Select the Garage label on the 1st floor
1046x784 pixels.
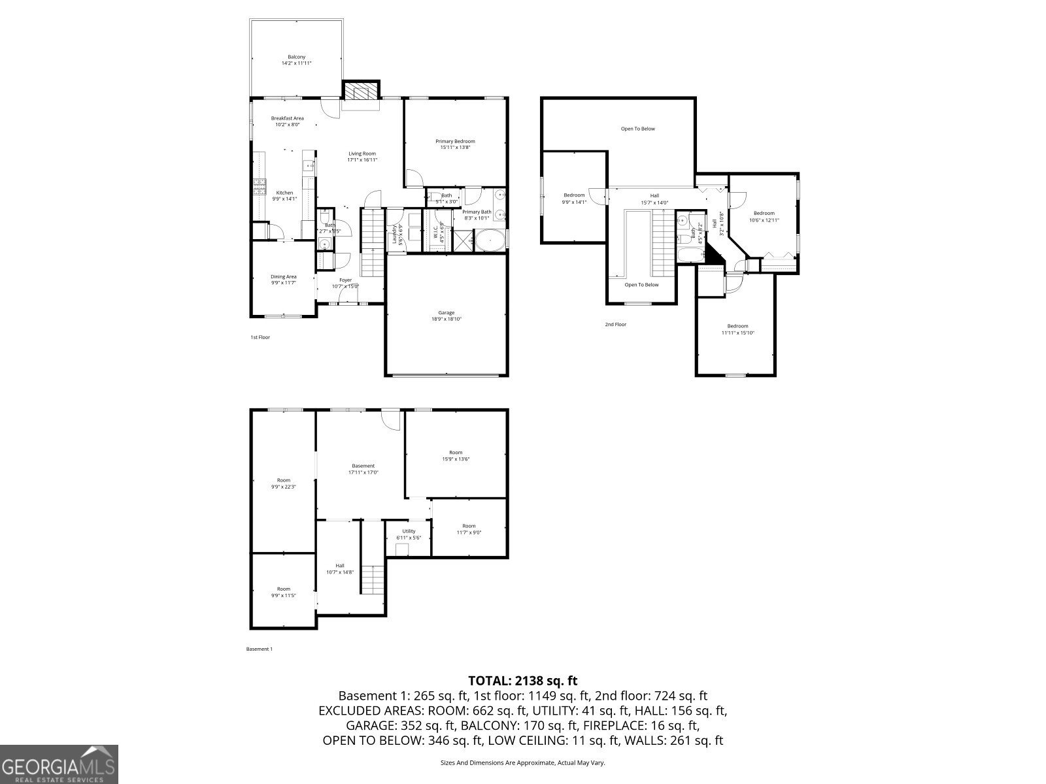tap(446, 312)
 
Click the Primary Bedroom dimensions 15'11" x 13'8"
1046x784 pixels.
tap(455, 148)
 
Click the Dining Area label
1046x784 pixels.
tap(283, 276)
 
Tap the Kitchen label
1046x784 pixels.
tap(284, 193)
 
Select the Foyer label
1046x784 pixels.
tap(345, 280)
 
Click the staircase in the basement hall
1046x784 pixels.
tap(373, 580)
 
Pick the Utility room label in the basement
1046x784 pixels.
tap(409, 531)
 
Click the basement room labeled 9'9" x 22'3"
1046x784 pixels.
tap(283, 483)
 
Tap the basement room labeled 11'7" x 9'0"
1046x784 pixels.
tap(469, 529)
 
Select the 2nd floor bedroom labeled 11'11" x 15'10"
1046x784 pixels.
tap(737, 329)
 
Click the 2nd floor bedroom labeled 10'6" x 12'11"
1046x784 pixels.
tap(764, 216)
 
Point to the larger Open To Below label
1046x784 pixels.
tap(637, 129)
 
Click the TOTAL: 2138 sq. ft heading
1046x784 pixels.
tap(522, 681)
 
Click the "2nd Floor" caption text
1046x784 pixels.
tap(615, 324)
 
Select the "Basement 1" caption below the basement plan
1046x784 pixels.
tap(259, 649)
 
